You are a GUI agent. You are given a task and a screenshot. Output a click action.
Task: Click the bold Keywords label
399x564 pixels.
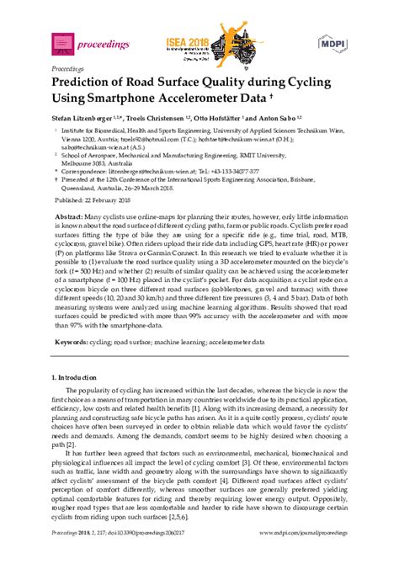click(x=73, y=343)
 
